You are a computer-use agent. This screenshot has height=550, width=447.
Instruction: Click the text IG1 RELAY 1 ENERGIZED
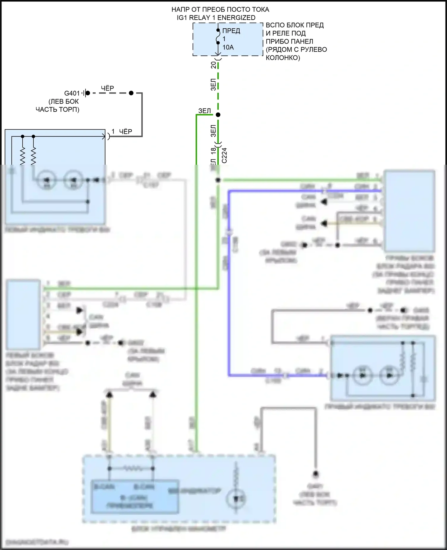coord(216,18)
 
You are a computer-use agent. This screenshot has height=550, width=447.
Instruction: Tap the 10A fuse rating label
coord(228,47)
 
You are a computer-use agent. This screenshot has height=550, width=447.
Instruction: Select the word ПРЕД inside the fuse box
coord(231,31)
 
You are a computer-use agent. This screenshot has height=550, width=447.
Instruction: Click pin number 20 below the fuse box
coord(214,65)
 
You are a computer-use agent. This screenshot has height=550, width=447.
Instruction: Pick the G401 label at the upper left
coord(72,93)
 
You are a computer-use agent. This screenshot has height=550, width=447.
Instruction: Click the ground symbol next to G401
coord(84,93)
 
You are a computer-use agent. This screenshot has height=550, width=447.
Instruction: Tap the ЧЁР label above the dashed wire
coord(107,88)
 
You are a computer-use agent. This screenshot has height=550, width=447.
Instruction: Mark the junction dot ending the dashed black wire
coord(131,93)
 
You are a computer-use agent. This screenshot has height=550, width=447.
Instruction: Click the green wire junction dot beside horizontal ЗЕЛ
coord(218,115)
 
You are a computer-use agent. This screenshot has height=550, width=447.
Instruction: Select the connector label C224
coord(224,155)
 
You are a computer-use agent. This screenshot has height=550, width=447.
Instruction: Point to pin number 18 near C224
coord(214,151)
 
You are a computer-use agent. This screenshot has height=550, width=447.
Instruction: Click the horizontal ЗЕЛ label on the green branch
coord(204,111)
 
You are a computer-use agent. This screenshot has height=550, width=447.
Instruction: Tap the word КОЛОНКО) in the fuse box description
coord(283,58)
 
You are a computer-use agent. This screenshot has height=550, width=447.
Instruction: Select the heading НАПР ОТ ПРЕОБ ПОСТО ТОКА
coord(220,10)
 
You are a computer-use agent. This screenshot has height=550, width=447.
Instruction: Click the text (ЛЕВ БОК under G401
coord(63,101)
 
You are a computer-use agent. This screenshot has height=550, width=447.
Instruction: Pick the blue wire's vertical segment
coord(229,283)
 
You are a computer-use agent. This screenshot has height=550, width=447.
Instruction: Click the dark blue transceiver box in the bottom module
coord(135,497)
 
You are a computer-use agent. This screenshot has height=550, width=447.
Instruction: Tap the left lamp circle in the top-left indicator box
coord(47,180)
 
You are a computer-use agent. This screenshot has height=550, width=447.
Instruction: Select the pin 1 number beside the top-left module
coord(113,131)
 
